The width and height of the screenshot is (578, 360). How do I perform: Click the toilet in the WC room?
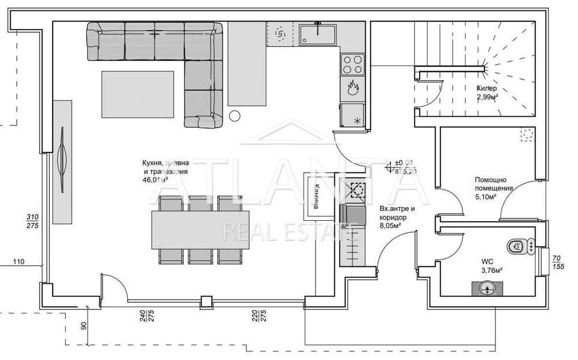click(x=518, y=247)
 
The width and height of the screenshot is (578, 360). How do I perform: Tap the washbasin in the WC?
click(x=487, y=288)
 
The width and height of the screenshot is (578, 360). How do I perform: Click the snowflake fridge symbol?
click(x=356, y=121)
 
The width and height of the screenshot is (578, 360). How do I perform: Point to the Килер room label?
click(x=486, y=88)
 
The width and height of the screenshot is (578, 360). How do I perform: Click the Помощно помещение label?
click(x=494, y=184)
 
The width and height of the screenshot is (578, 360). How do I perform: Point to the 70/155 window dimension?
click(x=557, y=263)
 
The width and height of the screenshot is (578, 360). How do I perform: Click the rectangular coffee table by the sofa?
click(x=138, y=94)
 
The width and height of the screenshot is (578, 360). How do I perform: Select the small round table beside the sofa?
click(x=235, y=116)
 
